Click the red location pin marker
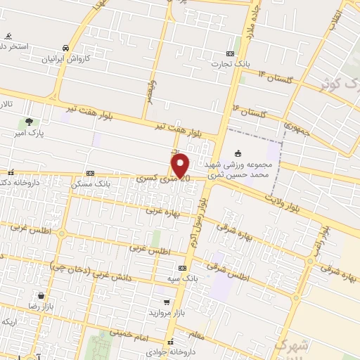coord(181,165)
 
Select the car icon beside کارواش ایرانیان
coord(65,47)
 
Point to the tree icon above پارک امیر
coord(28,122)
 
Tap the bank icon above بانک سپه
coord(182,268)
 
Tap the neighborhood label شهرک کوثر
coord(335,82)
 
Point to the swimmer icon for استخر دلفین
coord(8,36)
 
